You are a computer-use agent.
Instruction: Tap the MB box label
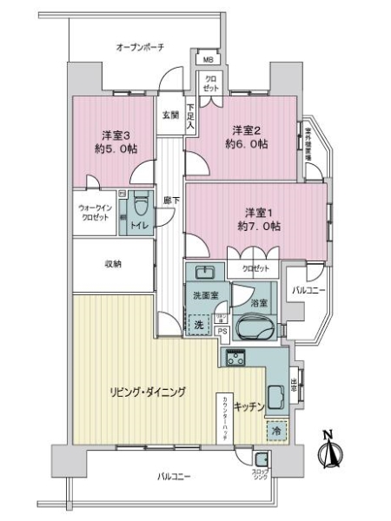pos(209,60)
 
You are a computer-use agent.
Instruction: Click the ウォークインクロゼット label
pos(94,213)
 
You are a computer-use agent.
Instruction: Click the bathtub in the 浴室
pos(254,329)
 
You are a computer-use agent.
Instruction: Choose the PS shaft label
pos(222,331)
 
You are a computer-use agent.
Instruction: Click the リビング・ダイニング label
pos(147,392)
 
